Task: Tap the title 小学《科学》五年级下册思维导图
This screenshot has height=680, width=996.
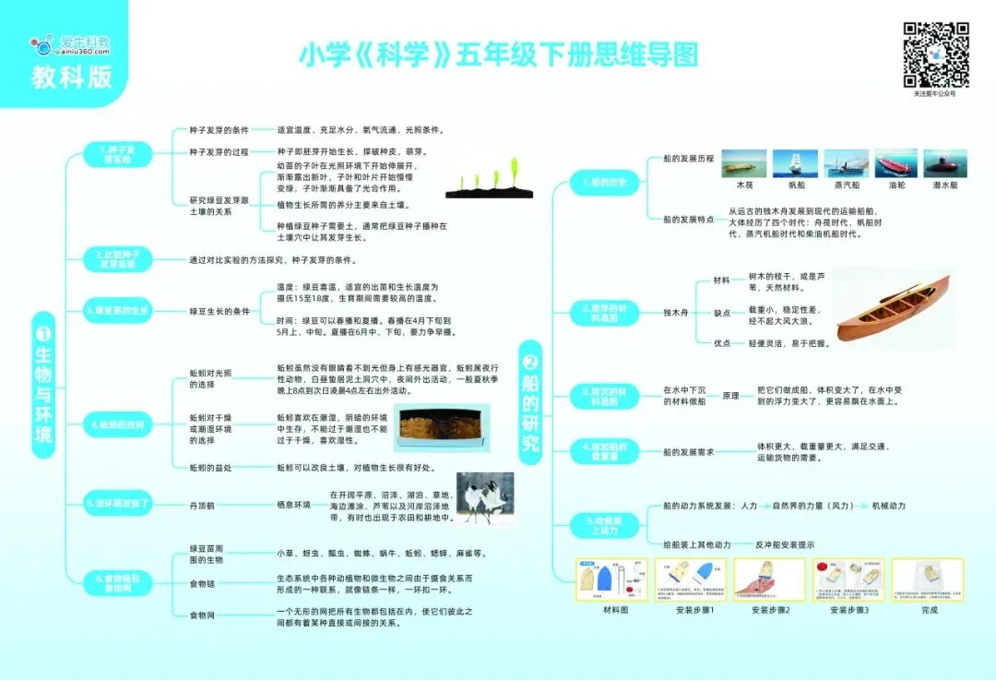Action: pos(498,55)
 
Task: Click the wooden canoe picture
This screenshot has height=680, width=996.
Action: pos(894,310)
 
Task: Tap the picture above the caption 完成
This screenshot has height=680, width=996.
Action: pos(927,579)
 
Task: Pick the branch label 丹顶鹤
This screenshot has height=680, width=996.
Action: pos(203,505)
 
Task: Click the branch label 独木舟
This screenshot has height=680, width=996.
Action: pos(676,315)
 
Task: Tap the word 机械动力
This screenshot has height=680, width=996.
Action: pos(888,506)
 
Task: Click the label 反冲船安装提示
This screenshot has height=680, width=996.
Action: pos(785,545)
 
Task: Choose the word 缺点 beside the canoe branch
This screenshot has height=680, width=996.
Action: pos(722,313)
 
